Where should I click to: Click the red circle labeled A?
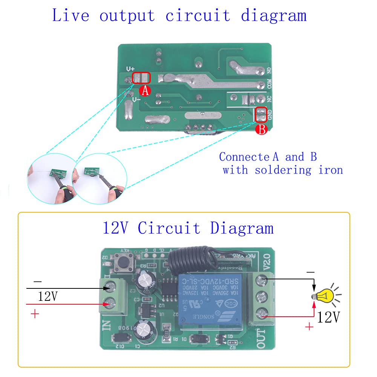tap(145, 90)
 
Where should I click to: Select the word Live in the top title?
tap(70, 16)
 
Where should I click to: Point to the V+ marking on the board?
tap(130, 69)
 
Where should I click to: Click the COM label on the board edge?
tap(269, 84)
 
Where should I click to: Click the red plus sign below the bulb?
tap(309, 326)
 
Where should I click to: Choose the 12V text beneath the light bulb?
tap(329, 317)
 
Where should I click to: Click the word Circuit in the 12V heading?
tap(169, 228)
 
